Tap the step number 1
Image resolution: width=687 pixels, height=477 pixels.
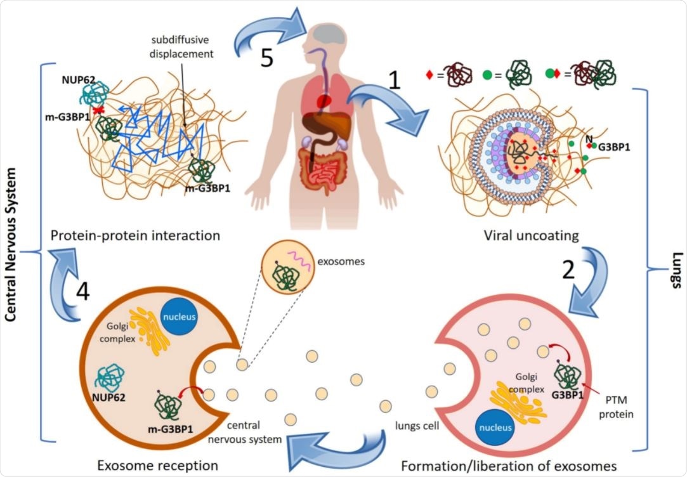pos(395,80)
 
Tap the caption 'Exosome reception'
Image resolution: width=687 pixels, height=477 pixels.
pos(157,465)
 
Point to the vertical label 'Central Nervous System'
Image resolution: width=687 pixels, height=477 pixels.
pos(11,251)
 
